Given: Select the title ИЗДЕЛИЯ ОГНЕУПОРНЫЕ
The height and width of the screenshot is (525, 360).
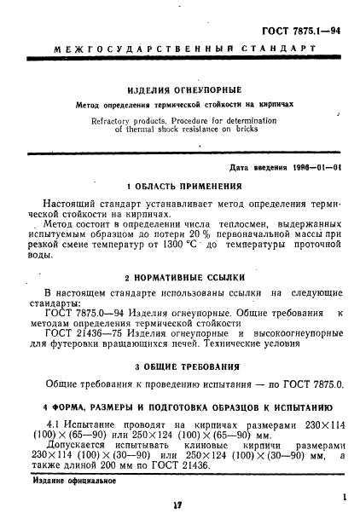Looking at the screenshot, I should (x=183, y=89).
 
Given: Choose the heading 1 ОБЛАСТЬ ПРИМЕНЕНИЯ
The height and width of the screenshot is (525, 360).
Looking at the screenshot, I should (x=183, y=187).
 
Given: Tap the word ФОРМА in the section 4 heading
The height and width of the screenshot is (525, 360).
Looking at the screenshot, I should (x=70, y=405).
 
